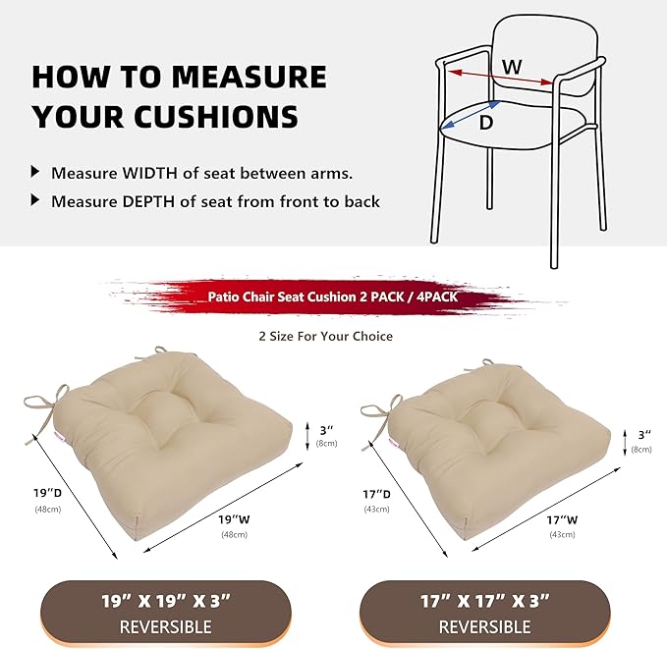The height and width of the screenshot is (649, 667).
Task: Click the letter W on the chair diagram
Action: (x=512, y=66)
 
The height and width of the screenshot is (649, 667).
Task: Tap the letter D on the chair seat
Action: (x=485, y=124)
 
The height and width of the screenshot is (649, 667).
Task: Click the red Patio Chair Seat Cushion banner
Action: (x=333, y=296)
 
